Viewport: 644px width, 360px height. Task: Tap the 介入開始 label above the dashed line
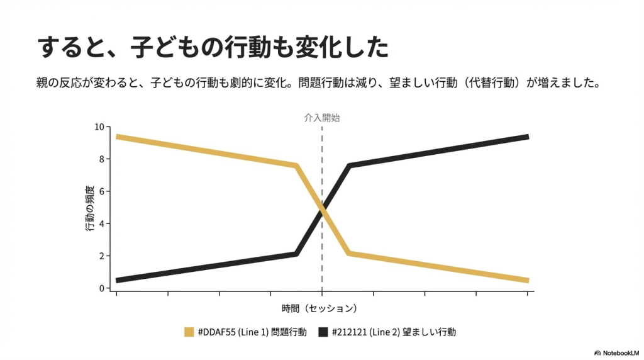pos(321,118)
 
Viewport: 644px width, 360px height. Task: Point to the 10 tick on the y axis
pos(99,127)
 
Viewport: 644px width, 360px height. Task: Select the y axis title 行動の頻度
pos(89,208)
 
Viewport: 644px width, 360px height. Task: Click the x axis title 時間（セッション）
pos(321,308)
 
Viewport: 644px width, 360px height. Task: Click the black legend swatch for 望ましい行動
pos(323,332)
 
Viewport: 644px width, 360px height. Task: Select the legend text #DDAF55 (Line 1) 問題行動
pos(252,332)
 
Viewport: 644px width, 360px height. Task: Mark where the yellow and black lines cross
pos(322,209)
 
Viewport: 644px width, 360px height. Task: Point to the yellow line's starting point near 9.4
pos(118,137)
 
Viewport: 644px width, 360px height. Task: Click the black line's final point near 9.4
pos(527,137)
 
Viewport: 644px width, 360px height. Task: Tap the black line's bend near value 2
pos(296,254)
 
